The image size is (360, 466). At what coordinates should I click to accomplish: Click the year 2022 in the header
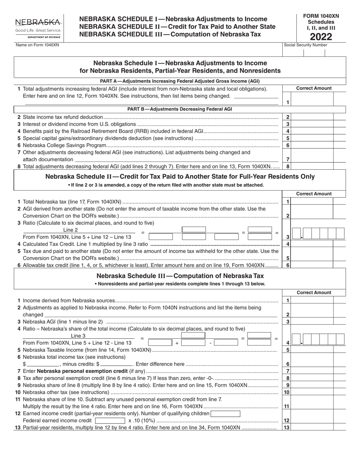click(321, 37)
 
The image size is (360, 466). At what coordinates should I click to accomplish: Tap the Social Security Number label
click(305, 45)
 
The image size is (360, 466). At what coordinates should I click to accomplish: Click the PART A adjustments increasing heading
click(180, 81)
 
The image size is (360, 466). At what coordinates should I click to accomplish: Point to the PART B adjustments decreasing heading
click(180, 109)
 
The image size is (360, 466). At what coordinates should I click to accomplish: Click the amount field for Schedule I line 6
click(313, 145)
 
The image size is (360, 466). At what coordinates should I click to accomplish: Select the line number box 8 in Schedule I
click(288, 166)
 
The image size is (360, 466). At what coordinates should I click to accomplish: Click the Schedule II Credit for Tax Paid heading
click(180, 177)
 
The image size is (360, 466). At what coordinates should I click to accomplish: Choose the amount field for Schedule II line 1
click(313, 202)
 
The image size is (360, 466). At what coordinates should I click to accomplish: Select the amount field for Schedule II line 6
click(313, 265)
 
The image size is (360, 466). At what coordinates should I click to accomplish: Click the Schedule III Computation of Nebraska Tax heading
click(180, 276)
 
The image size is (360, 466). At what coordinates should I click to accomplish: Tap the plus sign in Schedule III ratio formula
click(177, 343)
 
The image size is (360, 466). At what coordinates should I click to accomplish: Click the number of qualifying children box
click(225, 413)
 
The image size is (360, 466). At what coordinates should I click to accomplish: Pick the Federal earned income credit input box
click(110, 421)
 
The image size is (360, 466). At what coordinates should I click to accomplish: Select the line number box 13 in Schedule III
click(288, 428)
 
